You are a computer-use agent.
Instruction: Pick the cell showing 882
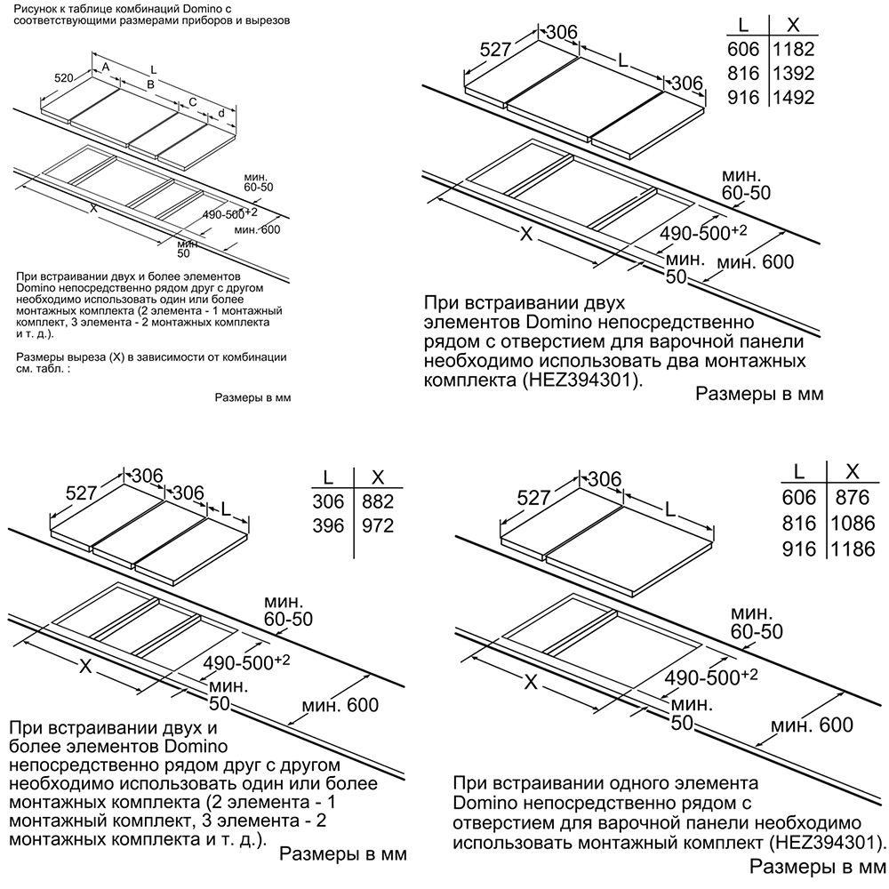tap(375, 501)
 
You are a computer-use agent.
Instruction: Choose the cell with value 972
tap(375, 526)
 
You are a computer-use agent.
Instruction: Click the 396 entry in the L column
tap(329, 526)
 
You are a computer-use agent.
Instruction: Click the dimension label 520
tap(63, 78)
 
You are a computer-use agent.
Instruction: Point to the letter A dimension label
tap(104, 68)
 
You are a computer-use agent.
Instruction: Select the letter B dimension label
tap(151, 84)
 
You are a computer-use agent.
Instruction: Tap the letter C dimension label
tap(191, 102)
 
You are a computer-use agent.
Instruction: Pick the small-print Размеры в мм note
tap(252, 397)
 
